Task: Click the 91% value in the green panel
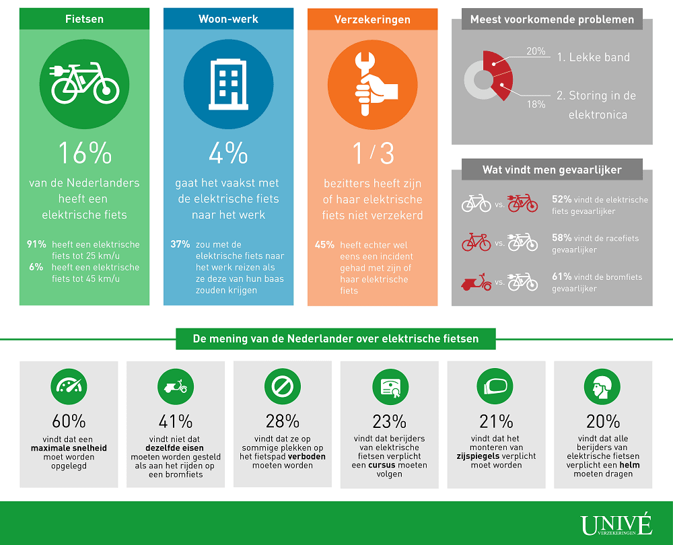(36, 245)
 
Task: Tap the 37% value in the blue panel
(180, 245)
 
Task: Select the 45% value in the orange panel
(324, 245)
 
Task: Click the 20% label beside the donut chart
(536, 51)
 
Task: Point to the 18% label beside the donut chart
(536, 104)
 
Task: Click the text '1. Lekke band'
(593, 57)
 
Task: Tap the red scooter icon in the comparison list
(476, 281)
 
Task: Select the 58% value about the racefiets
(561, 238)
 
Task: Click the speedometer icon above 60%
(69, 386)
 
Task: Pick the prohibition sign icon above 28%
(282, 386)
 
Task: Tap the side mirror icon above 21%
(496, 386)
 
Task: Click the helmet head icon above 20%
(603, 386)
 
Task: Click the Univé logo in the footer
(616, 525)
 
